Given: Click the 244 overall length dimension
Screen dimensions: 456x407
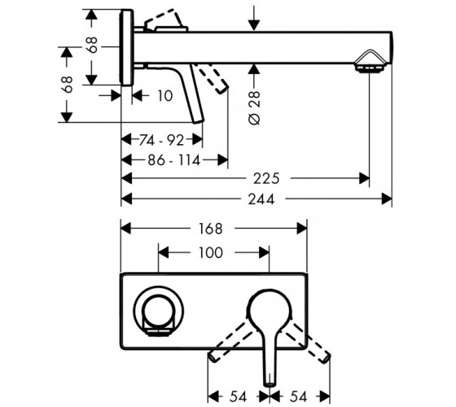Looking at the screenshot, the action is point(261,199).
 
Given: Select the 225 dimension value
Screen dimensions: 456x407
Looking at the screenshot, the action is point(266,178).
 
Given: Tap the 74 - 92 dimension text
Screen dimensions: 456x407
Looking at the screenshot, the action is point(162,140).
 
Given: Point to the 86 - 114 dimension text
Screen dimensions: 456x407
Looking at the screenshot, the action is point(174,160).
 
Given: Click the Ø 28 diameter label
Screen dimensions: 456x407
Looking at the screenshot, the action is point(255,107).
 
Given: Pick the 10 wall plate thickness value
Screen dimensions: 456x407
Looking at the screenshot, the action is point(164,96).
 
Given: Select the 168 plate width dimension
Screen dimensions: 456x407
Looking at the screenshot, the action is point(211,229).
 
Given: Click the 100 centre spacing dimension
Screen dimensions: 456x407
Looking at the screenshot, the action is point(211,252).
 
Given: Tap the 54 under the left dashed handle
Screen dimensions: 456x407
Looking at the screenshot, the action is point(238,396).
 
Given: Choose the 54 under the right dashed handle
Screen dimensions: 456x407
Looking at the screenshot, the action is point(298,396).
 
